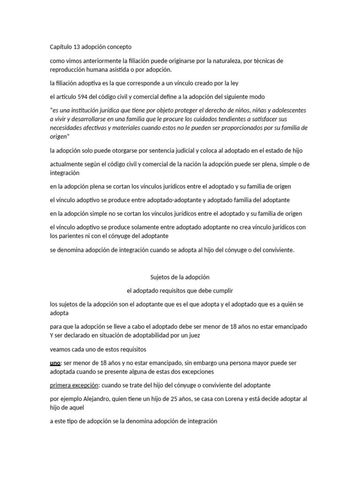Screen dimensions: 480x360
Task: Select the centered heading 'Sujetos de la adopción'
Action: click(x=180, y=277)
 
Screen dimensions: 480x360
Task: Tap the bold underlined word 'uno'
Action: click(x=55, y=363)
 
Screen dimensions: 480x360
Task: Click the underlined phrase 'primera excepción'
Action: click(x=72, y=385)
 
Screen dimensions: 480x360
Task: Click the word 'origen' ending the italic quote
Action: click(x=59, y=136)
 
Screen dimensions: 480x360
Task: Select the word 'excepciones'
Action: click(x=197, y=372)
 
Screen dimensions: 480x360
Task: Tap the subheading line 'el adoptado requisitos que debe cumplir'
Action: click(x=180, y=291)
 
